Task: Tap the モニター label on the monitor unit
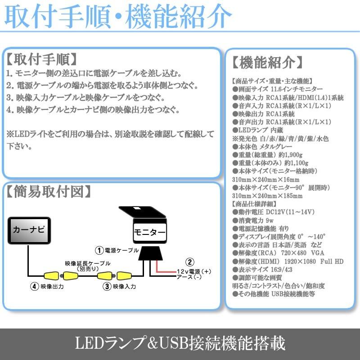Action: click(149, 233)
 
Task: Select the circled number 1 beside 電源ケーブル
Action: click(99, 249)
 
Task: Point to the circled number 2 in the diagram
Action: click(190, 262)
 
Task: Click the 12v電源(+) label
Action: click(194, 271)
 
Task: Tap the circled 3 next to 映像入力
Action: click(107, 286)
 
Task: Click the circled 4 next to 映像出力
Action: click(33, 286)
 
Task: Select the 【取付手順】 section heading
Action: click(42, 59)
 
